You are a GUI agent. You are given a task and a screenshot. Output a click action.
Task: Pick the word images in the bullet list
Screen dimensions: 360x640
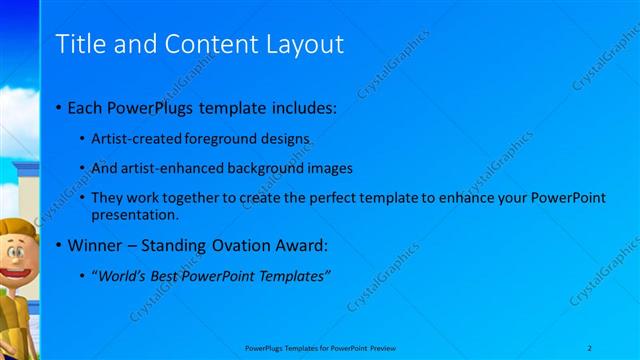330,168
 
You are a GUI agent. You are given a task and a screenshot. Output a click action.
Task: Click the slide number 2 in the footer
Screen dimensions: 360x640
590,347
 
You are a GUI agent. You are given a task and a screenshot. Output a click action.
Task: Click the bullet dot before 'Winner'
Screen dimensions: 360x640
58,245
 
